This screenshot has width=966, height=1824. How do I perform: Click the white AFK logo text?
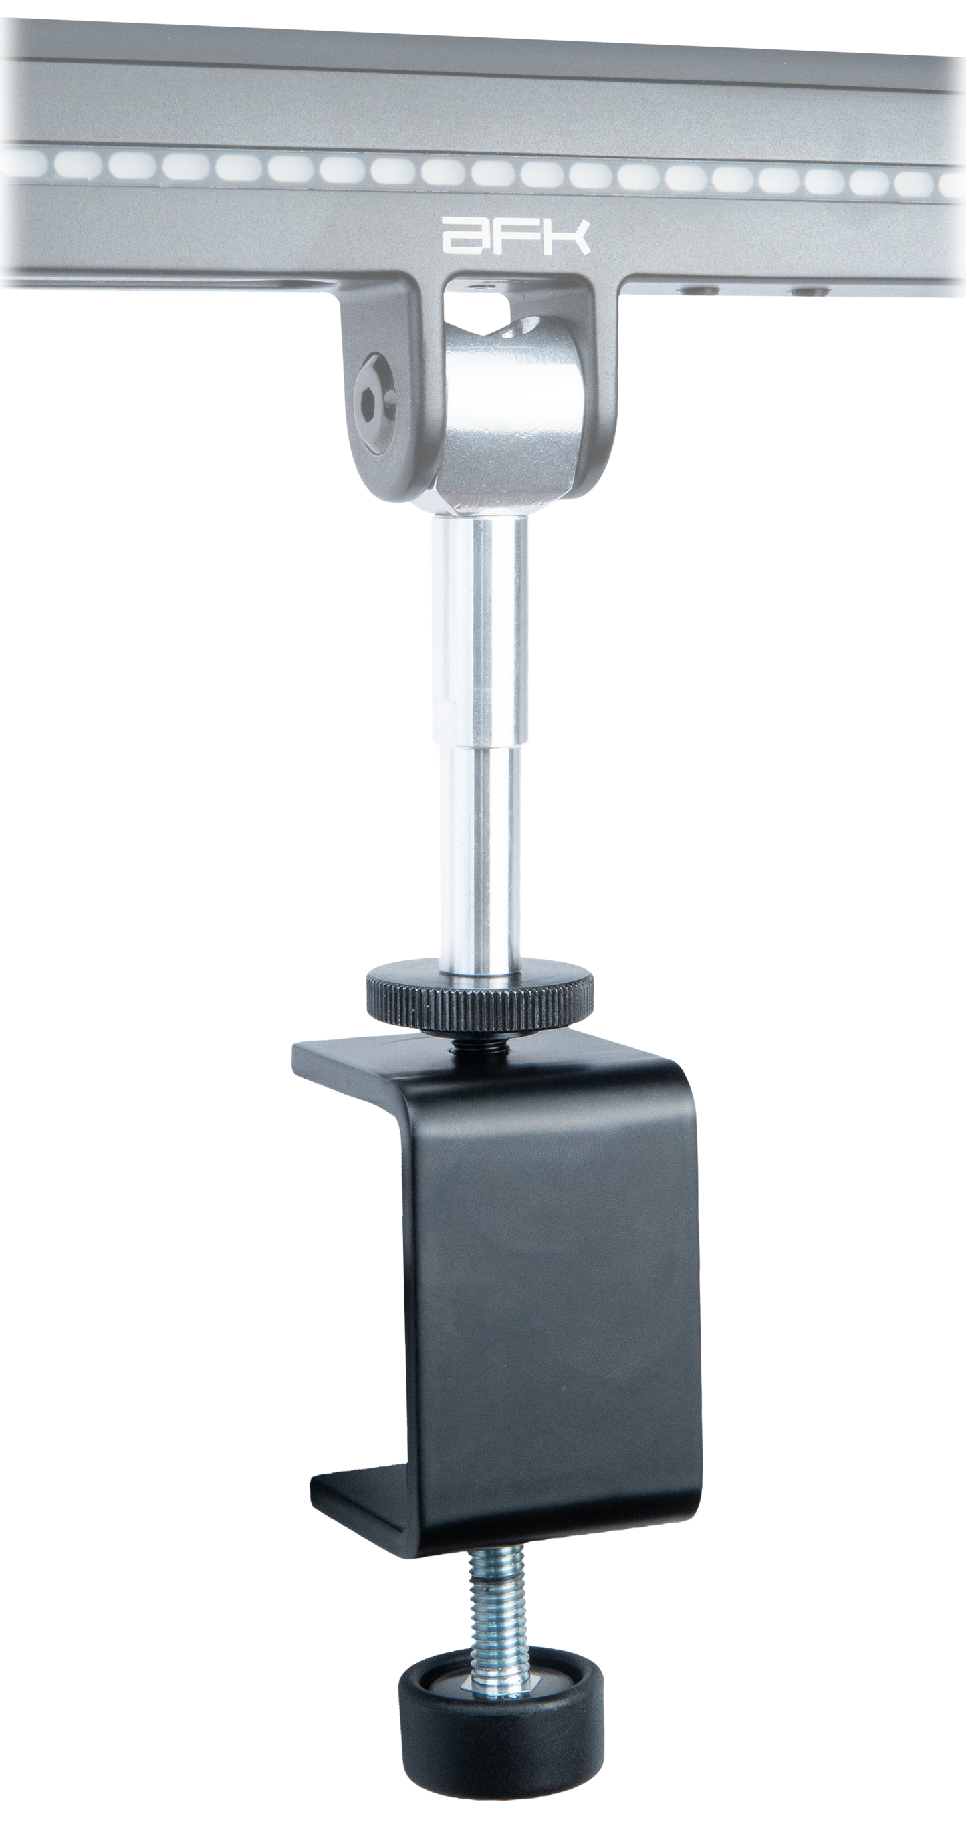click(x=515, y=236)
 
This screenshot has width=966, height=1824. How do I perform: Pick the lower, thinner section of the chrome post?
click(x=480, y=850)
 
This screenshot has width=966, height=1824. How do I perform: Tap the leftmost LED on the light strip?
click(x=21, y=166)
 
